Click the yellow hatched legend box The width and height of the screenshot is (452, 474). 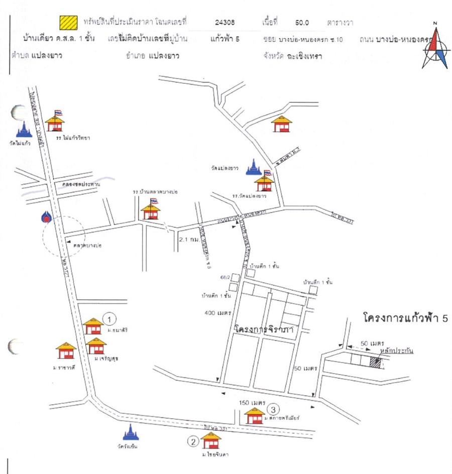(x=68, y=22)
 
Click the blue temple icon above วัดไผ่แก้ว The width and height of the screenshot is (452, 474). (x=24, y=129)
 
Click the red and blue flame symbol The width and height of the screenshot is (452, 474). (x=47, y=216)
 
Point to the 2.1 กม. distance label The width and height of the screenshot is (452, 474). (x=190, y=240)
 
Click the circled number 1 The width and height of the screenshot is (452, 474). (x=110, y=318)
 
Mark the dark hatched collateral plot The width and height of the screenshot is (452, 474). (x=375, y=362)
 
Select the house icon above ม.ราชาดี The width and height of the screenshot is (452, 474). (x=66, y=350)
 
